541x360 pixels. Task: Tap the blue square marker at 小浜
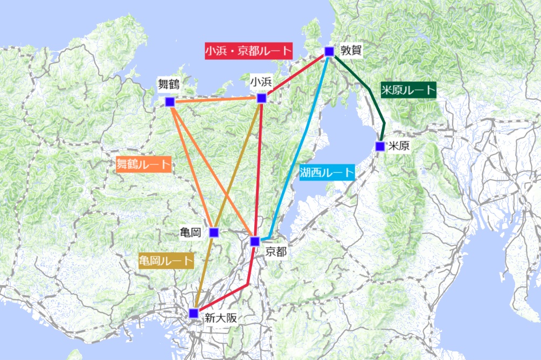pos(261,98)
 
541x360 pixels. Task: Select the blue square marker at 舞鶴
pos(170,101)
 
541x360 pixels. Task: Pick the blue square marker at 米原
pos(380,146)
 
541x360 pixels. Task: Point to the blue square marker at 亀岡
pos(213,233)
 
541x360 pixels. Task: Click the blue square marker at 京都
pos(255,241)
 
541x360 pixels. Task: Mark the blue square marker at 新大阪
pos(194,313)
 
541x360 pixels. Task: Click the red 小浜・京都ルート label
pos(248,51)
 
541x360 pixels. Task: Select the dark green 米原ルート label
pos(407,90)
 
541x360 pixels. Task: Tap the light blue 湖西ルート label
pos(327,173)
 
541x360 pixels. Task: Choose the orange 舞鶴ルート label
pos(143,164)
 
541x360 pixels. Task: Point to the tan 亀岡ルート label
pos(166,261)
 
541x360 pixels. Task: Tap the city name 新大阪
pos(221,318)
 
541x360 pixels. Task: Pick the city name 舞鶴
pos(169,84)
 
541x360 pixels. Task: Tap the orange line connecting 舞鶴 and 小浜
pos(216,100)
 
